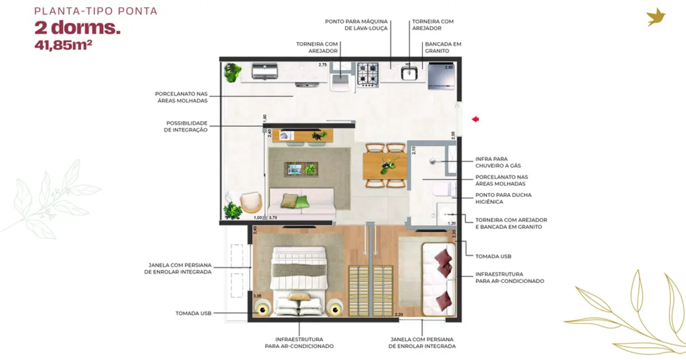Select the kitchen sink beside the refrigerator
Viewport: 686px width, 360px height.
pos(409,73)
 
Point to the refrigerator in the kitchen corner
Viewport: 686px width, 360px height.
pos(441,76)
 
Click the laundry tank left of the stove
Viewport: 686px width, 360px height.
pos(340,81)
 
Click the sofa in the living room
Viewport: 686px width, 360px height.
pos(302,202)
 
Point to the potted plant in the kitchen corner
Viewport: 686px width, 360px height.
pos(233,71)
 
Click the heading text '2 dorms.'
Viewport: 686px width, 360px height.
pos(78,28)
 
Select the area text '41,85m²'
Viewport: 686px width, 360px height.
pos(63,45)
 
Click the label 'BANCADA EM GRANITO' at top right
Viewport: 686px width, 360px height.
pos(443,47)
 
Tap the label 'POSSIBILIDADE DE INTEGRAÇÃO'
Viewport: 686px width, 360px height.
pos(187,126)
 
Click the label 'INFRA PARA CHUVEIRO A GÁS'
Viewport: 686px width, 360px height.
pos(498,162)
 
